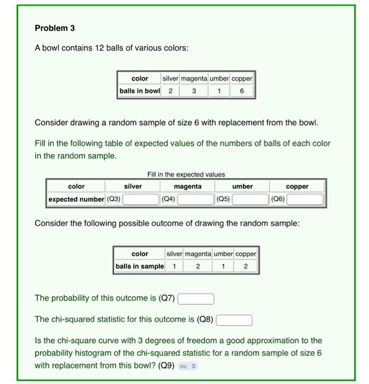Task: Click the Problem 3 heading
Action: pos(55,28)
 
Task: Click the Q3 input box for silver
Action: pos(140,199)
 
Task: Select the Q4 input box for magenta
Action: pos(195,199)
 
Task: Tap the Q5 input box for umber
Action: pos(250,199)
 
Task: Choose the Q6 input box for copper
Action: pos(305,199)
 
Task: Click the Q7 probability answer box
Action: pos(196,299)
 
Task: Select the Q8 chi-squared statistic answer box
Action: pos(234,320)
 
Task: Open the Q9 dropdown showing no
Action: pos(187,366)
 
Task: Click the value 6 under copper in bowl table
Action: pos(242,91)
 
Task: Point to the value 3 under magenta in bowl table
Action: pos(194,91)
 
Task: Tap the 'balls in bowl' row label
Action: pos(140,91)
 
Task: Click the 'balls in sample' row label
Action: pos(140,267)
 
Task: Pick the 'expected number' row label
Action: pos(76,199)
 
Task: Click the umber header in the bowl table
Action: pos(219,78)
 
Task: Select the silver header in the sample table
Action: pos(174,254)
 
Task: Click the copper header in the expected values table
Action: pos(297,187)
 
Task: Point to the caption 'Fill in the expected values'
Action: pos(186,174)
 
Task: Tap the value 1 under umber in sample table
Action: pos(223,267)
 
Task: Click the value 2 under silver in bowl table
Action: pos(171,91)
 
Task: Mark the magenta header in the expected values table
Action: pos(188,187)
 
